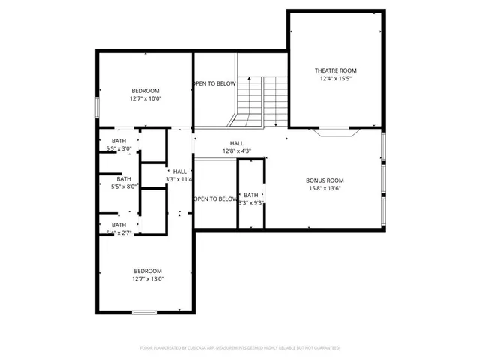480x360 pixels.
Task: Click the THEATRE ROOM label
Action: (x=335, y=70)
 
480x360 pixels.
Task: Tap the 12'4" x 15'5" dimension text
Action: (x=335, y=78)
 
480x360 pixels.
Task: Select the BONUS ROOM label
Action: (x=325, y=181)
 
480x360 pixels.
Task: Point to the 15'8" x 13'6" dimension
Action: (x=325, y=188)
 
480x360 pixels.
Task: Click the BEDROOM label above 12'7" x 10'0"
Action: (x=145, y=91)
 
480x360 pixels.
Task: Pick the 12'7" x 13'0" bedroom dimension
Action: (x=147, y=278)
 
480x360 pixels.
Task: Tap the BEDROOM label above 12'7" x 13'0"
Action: (x=147, y=271)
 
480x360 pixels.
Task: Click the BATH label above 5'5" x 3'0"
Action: (x=119, y=141)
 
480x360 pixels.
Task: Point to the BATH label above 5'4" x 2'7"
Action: (x=119, y=225)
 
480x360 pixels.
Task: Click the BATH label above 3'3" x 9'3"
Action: (x=250, y=195)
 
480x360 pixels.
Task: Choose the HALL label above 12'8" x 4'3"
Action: (x=236, y=143)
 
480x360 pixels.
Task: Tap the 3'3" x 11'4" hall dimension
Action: (x=180, y=179)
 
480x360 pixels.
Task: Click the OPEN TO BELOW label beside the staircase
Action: (x=215, y=83)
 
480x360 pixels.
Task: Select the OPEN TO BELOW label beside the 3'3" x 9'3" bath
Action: (x=215, y=199)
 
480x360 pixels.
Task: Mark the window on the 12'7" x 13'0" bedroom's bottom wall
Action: (x=143, y=312)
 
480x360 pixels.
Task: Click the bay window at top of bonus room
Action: (x=335, y=133)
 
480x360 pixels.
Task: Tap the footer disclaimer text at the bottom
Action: (x=240, y=348)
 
